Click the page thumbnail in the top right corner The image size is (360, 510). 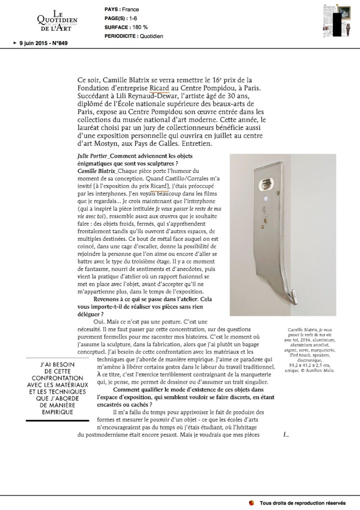(x=334, y=20)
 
